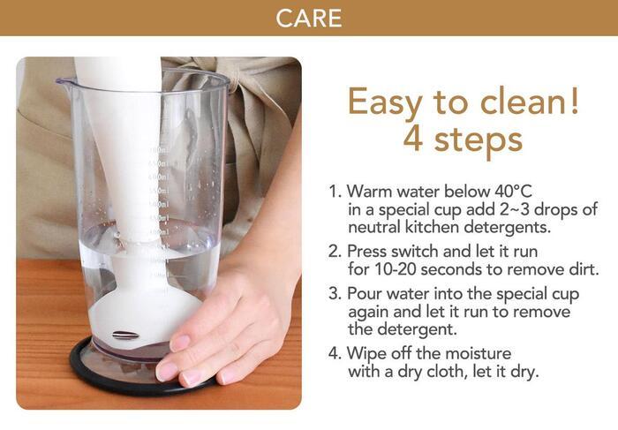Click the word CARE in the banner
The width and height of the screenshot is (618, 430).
click(309, 19)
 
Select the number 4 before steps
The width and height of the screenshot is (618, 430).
click(413, 140)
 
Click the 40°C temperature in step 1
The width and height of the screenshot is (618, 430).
click(512, 191)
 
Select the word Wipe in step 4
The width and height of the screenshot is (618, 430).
click(364, 353)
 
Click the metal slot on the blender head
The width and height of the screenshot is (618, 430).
click(125, 336)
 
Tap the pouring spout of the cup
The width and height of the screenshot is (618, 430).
click(63, 82)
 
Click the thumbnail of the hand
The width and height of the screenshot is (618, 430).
click(180, 342)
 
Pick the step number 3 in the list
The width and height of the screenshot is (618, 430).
click(334, 294)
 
